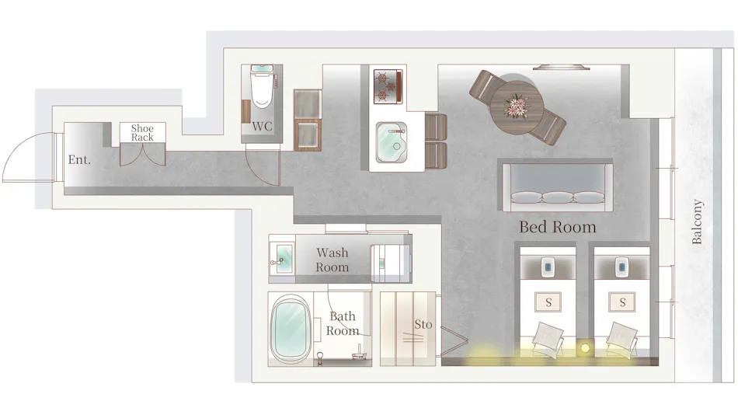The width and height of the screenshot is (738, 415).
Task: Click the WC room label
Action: pyautogui.click(x=262, y=126)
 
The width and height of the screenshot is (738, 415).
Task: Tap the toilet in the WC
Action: pyautogui.click(x=262, y=87)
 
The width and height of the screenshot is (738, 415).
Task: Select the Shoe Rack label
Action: pyautogui.click(x=142, y=132)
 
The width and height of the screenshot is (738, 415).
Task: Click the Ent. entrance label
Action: pyautogui.click(x=79, y=159)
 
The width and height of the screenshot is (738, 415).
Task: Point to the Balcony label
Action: pyautogui.click(x=697, y=221)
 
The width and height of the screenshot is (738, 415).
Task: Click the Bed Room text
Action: pyautogui.click(x=558, y=227)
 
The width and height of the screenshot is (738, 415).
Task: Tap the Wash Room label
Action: pyautogui.click(x=332, y=260)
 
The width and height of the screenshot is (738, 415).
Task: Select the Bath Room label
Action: pyautogui.click(x=343, y=323)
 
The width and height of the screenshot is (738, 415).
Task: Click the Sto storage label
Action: pyautogui.click(x=423, y=324)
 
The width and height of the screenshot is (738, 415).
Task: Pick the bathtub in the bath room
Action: pyautogui.click(x=291, y=330)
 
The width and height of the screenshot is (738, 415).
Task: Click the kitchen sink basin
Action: pyautogui.click(x=392, y=142)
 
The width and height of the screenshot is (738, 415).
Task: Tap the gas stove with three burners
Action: pyautogui.click(x=388, y=86)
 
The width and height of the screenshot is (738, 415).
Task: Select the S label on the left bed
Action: pyautogui.click(x=548, y=302)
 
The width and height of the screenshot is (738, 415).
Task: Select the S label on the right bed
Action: pyautogui.click(x=622, y=302)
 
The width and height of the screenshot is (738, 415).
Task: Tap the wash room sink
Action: pyautogui.click(x=282, y=260)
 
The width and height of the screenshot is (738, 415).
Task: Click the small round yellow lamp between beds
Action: pyautogui.click(x=585, y=348)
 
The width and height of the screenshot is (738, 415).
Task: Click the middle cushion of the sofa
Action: pyautogui.click(x=558, y=197)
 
